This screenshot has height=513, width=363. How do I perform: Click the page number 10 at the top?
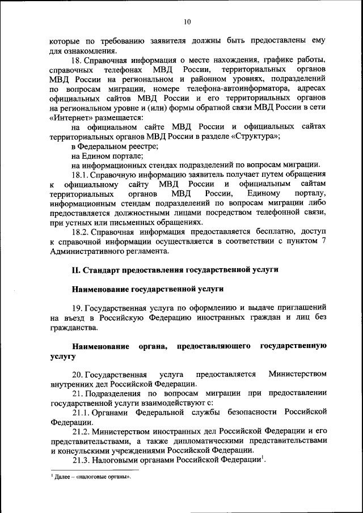(187, 22)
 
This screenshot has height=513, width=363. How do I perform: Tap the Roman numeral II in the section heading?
(76, 270)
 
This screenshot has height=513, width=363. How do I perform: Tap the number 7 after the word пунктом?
(323, 241)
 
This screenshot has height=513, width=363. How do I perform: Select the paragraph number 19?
(77, 308)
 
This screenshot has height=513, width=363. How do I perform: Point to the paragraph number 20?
(77, 374)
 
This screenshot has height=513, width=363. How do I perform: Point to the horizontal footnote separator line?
(94, 470)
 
